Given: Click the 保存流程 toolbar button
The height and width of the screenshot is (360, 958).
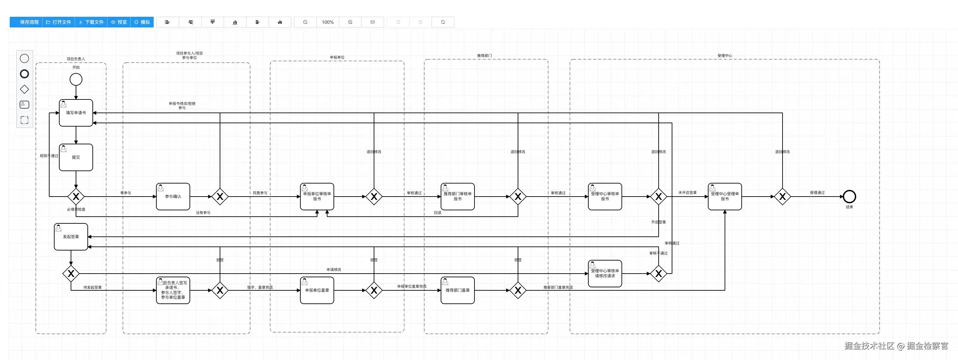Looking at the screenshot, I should tap(26, 22).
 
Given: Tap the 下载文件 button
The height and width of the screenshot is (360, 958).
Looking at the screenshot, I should tap(91, 22).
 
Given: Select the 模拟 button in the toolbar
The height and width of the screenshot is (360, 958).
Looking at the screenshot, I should tap(142, 22).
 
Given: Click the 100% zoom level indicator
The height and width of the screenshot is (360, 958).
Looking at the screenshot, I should tap(327, 22).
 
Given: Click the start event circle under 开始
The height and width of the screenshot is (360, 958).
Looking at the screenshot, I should tap(76, 79).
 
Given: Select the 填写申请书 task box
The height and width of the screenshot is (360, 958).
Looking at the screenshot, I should tap(76, 113).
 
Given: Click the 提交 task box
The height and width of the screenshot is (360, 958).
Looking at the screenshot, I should tap(76, 157).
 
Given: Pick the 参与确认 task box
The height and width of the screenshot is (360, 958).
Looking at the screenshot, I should tap(173, 196).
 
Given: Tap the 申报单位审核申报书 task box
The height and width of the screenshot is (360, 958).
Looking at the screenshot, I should tap(317, 196).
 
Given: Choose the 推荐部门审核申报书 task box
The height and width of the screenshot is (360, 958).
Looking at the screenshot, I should tap(457, 196).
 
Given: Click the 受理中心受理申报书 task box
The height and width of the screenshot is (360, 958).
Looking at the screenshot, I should tap(725, 196).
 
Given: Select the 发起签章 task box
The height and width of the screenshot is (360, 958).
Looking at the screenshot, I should tap(71, 236).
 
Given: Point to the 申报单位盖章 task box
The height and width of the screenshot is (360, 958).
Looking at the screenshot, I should tap(317, 290).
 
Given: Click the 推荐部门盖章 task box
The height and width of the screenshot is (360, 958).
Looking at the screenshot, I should tap(457, 290).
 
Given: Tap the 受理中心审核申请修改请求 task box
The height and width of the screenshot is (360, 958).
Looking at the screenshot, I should tap(605, 273).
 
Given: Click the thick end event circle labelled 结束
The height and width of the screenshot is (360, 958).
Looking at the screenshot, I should tap(850, 196).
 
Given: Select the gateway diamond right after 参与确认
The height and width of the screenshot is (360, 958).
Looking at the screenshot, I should tap(220, 196).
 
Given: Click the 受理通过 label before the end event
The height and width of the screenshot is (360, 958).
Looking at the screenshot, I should tap(817, 193).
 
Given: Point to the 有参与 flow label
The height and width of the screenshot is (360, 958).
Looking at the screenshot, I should tap(125, 193).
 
